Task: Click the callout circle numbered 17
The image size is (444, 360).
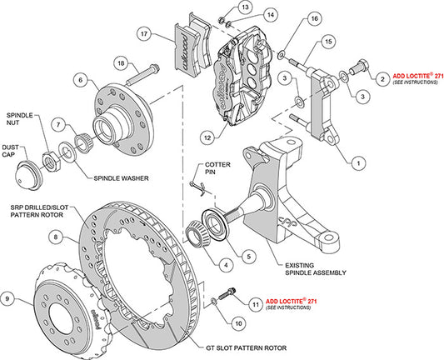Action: point(144,34)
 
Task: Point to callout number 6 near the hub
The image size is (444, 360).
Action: point(81,80)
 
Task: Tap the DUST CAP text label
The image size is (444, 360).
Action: point(17,149)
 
